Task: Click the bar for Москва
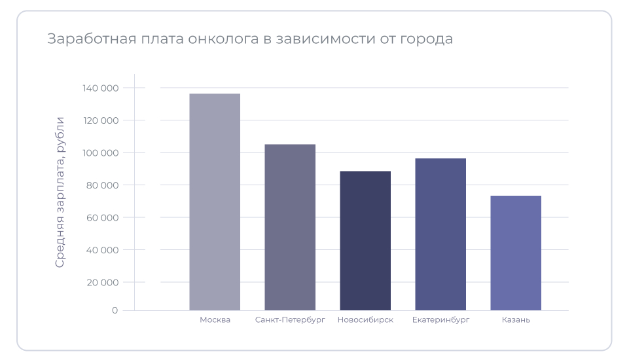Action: tap(215, 202)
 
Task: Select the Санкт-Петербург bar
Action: tap(290, 227)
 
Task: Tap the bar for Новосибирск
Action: tap(365, 240)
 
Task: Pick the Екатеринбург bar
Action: tap(440, 234)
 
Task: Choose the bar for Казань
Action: tap(516, 253)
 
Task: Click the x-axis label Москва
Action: tap(215, 320)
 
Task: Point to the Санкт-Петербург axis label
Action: tap(290, 320)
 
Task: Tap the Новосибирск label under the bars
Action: tap(365, 320)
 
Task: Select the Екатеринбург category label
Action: tap(440, 320)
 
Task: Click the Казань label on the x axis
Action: tap(516, 320)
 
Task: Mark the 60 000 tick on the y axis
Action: tap(102, 217)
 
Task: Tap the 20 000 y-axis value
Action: tap(102, 282)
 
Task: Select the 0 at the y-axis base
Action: tap(115, 310)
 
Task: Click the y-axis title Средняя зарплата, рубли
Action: tap(60, 192)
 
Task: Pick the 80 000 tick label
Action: tap(102, 185)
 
